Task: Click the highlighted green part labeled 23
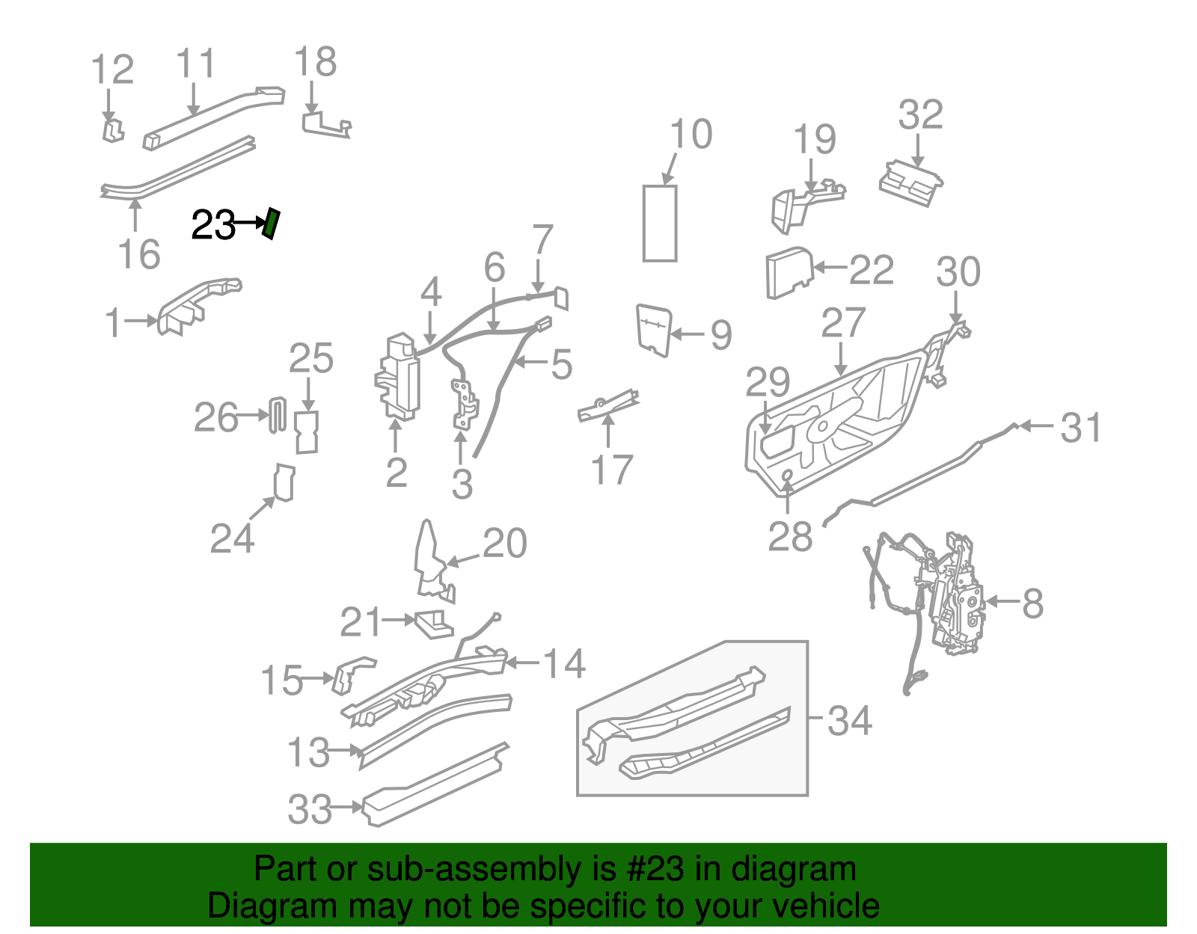(x=271, y=224)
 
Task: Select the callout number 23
(x=213, y=224)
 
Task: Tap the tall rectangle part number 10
(x=660, y=224)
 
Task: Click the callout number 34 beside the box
(x=849, y=720)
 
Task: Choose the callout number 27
(x=843, y=324)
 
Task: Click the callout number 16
(x=139, y=254)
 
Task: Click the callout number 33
(x=309, y=809)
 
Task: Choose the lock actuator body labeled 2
(x=398, y=378)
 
